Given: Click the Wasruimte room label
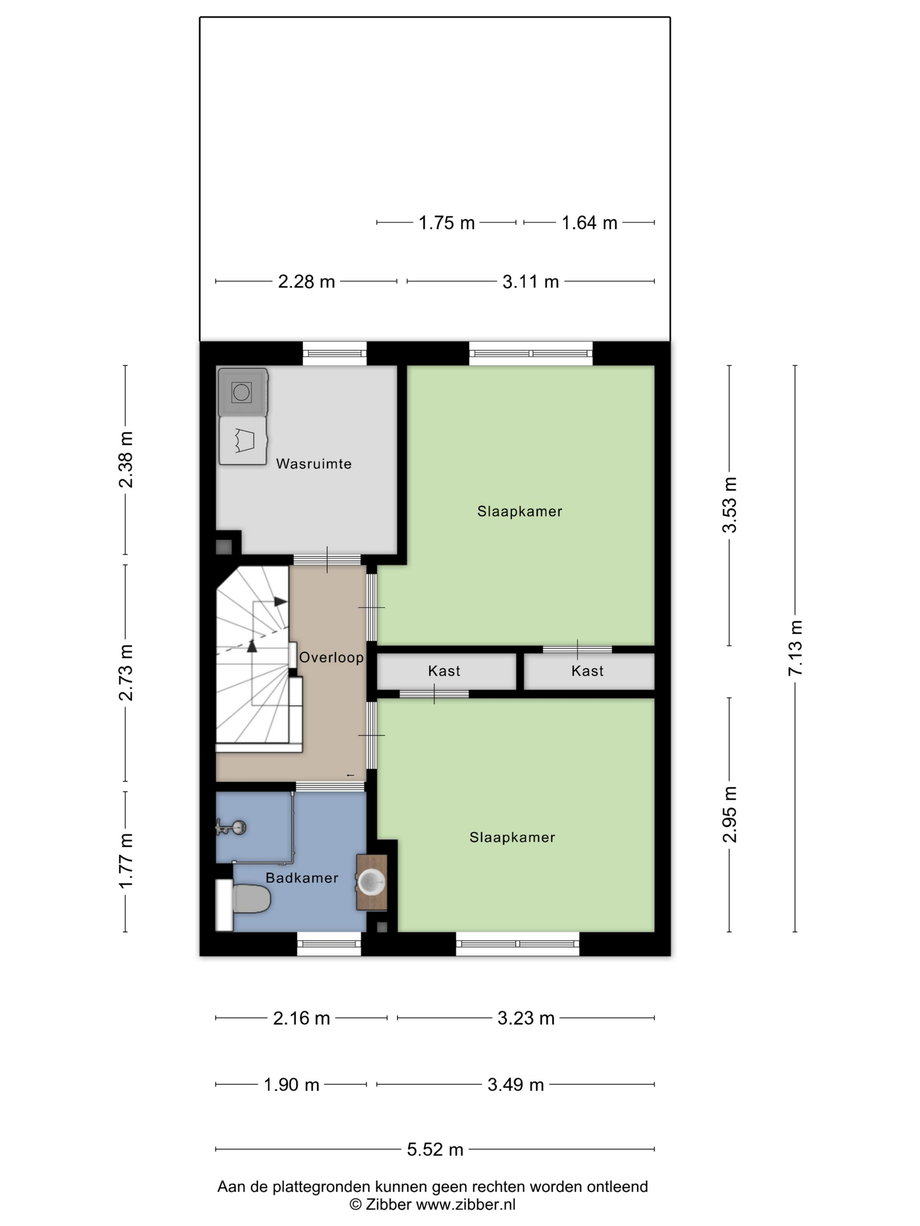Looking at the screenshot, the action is pos(313,463).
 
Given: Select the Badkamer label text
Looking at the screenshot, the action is pos(302,877).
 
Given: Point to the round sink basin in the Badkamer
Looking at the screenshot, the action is pos(371,882).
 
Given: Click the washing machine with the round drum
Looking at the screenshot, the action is pos(243,392).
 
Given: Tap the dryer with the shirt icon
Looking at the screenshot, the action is pos(243,440).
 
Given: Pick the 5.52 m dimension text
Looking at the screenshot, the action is pos(435,1149).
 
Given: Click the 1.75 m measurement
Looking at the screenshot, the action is pos(446,222).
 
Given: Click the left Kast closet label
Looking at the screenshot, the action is pos(444,671).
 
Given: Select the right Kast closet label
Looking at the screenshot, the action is pos(587,671).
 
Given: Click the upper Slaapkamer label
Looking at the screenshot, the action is pos(520,511).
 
